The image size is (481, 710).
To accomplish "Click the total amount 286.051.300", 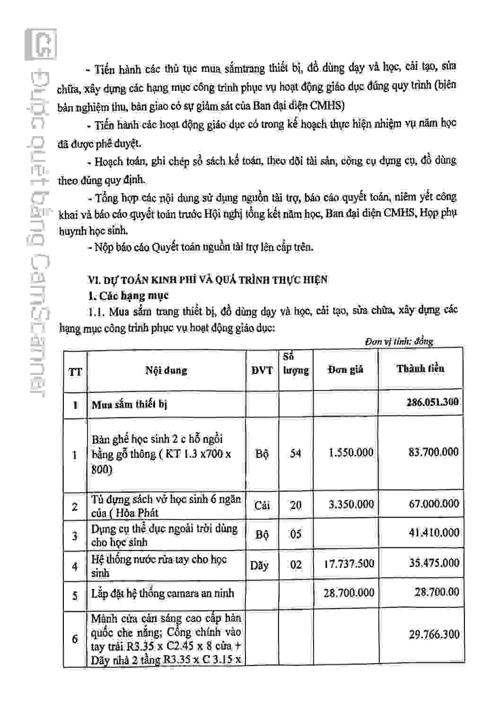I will click(432, 402).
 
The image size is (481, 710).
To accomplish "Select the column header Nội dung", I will click(166, 370).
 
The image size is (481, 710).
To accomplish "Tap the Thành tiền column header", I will click(420, 369).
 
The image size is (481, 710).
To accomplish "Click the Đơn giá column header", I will click(345, 370).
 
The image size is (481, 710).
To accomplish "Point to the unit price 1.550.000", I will click(351, 453).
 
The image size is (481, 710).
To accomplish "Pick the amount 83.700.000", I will click(433, 452).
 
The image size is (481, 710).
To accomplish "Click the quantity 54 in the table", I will click(296, 453).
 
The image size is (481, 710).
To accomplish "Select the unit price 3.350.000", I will click(351, 505).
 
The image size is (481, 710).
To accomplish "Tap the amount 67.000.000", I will click(434, 504).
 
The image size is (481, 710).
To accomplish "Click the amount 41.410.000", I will click(434, 533).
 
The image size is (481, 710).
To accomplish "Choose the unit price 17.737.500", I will click(349, 564).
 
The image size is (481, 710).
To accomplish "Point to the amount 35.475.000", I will click(434, 563).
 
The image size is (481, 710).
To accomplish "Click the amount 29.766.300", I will click(434, 635).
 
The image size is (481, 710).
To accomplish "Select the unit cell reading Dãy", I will click(260, 565).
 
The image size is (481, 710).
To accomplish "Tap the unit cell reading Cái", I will click(262, 506).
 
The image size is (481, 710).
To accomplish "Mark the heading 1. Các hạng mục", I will click(128, 296).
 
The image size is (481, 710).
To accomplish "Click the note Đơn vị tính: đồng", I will click(399, 341).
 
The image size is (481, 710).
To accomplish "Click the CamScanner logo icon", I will click(41, 44).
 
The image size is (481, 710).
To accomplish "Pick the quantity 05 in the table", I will click(296, 534).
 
